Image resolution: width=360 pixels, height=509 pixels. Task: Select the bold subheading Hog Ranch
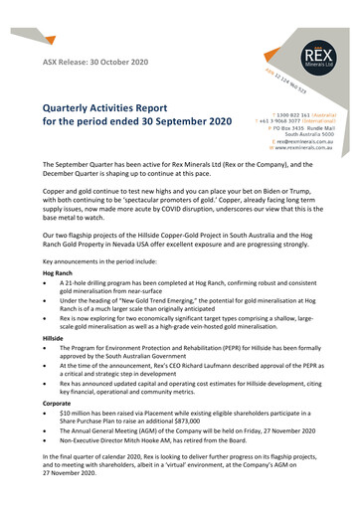(x=58, y=272)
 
